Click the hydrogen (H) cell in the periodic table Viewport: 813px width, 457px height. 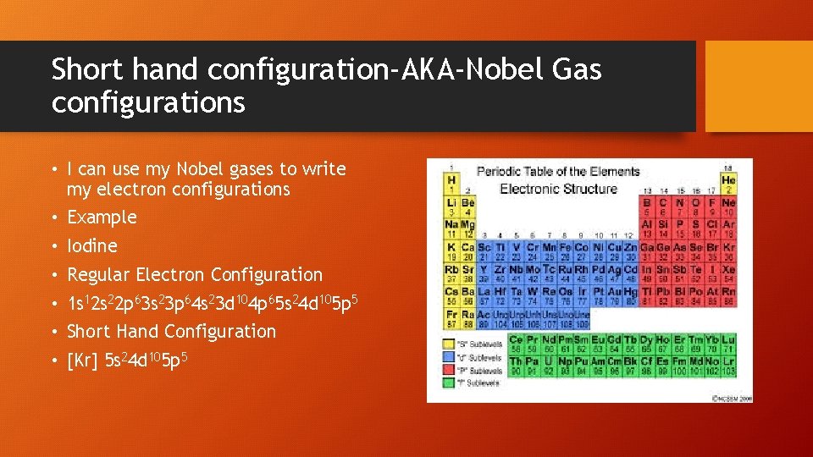[x=451, y=184]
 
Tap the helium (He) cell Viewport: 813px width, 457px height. [x=729, y=184]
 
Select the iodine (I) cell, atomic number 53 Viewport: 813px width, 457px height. [x=714, y=273]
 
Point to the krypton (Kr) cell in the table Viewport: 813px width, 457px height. [x=729, y=251]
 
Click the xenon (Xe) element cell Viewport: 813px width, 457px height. [x=729, y=273]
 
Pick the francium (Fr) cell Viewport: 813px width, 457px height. [x=451, y=318]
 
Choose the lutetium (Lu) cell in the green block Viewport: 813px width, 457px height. [x=729, y=344]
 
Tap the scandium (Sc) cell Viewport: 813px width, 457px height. [x=482, y=251]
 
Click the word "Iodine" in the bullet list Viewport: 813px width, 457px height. [x=92, y=246]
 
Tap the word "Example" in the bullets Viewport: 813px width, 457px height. [x=102, y=217]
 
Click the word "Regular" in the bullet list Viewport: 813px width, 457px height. [x=99, y=275]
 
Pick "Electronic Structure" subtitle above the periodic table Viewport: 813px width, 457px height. [x=558, y=189]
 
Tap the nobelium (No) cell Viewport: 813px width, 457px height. [x=714, y=366]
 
